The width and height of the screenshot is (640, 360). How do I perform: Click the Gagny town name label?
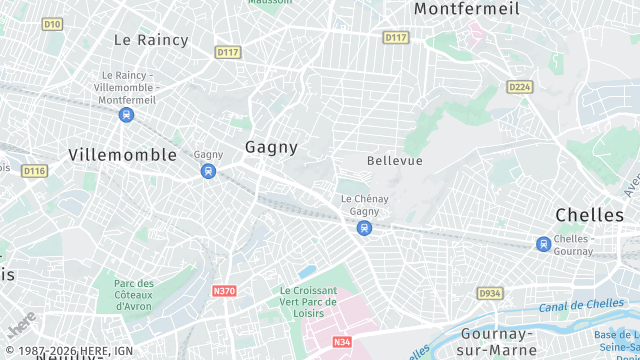tap(271, 147)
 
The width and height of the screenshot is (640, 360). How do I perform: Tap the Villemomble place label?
tap(123, 155)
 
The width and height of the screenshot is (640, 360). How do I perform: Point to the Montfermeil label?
tap(467, 9)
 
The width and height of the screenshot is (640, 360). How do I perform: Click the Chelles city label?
tap(589, 215)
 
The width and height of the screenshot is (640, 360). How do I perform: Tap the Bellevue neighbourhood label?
tap(395, 161)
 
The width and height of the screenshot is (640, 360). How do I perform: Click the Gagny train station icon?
tap(208, 171)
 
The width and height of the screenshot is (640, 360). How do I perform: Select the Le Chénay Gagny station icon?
tap(364, 228)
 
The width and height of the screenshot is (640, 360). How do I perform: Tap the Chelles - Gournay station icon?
tap(543, 244)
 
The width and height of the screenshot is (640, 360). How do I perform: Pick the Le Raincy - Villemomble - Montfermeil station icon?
tap(126, 115)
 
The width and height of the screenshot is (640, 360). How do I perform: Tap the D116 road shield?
tap(35, 171)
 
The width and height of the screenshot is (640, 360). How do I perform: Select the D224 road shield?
tap(519, 87)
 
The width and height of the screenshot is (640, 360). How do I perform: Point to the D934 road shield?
tap(490, 293)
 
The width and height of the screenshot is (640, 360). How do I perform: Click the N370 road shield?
tap(224, 291)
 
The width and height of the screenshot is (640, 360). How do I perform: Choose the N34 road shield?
tap(342, 342)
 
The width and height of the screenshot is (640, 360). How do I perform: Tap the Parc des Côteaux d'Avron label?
tap(134, 295)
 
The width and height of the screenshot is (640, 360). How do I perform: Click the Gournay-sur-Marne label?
tap(505, 341)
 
